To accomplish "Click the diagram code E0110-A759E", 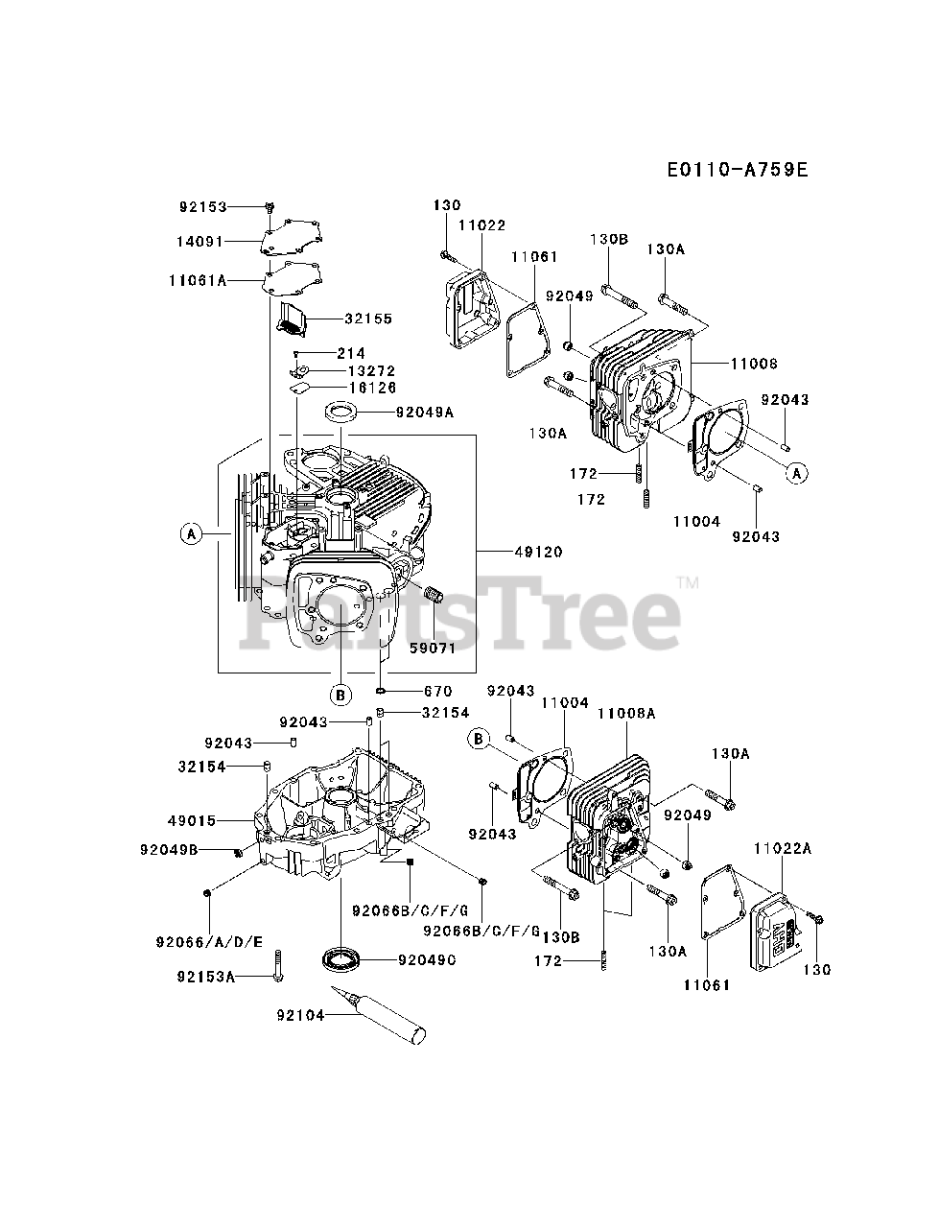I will coord(738,171).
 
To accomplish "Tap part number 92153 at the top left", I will coord(203,206).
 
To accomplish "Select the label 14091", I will coord(203,242).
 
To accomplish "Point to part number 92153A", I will coord(206,977).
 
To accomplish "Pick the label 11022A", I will coord(783,848).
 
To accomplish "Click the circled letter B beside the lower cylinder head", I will coord(480,738).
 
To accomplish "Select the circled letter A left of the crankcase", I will coord(191,533).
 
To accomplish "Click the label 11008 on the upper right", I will coord(754,365).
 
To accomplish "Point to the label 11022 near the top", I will coord(481,224).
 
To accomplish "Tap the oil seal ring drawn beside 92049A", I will coord(342,413).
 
